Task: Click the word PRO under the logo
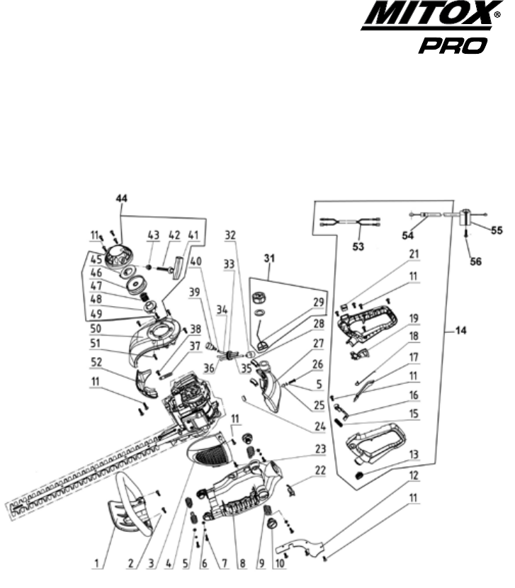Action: coord(453,45)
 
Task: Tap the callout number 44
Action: coord(121,198)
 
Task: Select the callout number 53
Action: coord(358,247)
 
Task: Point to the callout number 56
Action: coord(475,261)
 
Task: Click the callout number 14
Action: coord(461,330)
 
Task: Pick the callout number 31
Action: coord(269,258)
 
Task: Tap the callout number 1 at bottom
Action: coord(96,563)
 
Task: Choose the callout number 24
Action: coord(320,426)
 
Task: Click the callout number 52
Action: coord(96,362)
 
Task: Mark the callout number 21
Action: coord(414,254)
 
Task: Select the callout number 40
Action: coord(195,261)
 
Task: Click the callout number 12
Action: coord(414,475)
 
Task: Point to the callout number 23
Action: coord(320,449)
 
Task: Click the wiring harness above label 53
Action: coord(350,222)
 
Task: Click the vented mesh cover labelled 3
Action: coord(209,451)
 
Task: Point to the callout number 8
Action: coord(242,563)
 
